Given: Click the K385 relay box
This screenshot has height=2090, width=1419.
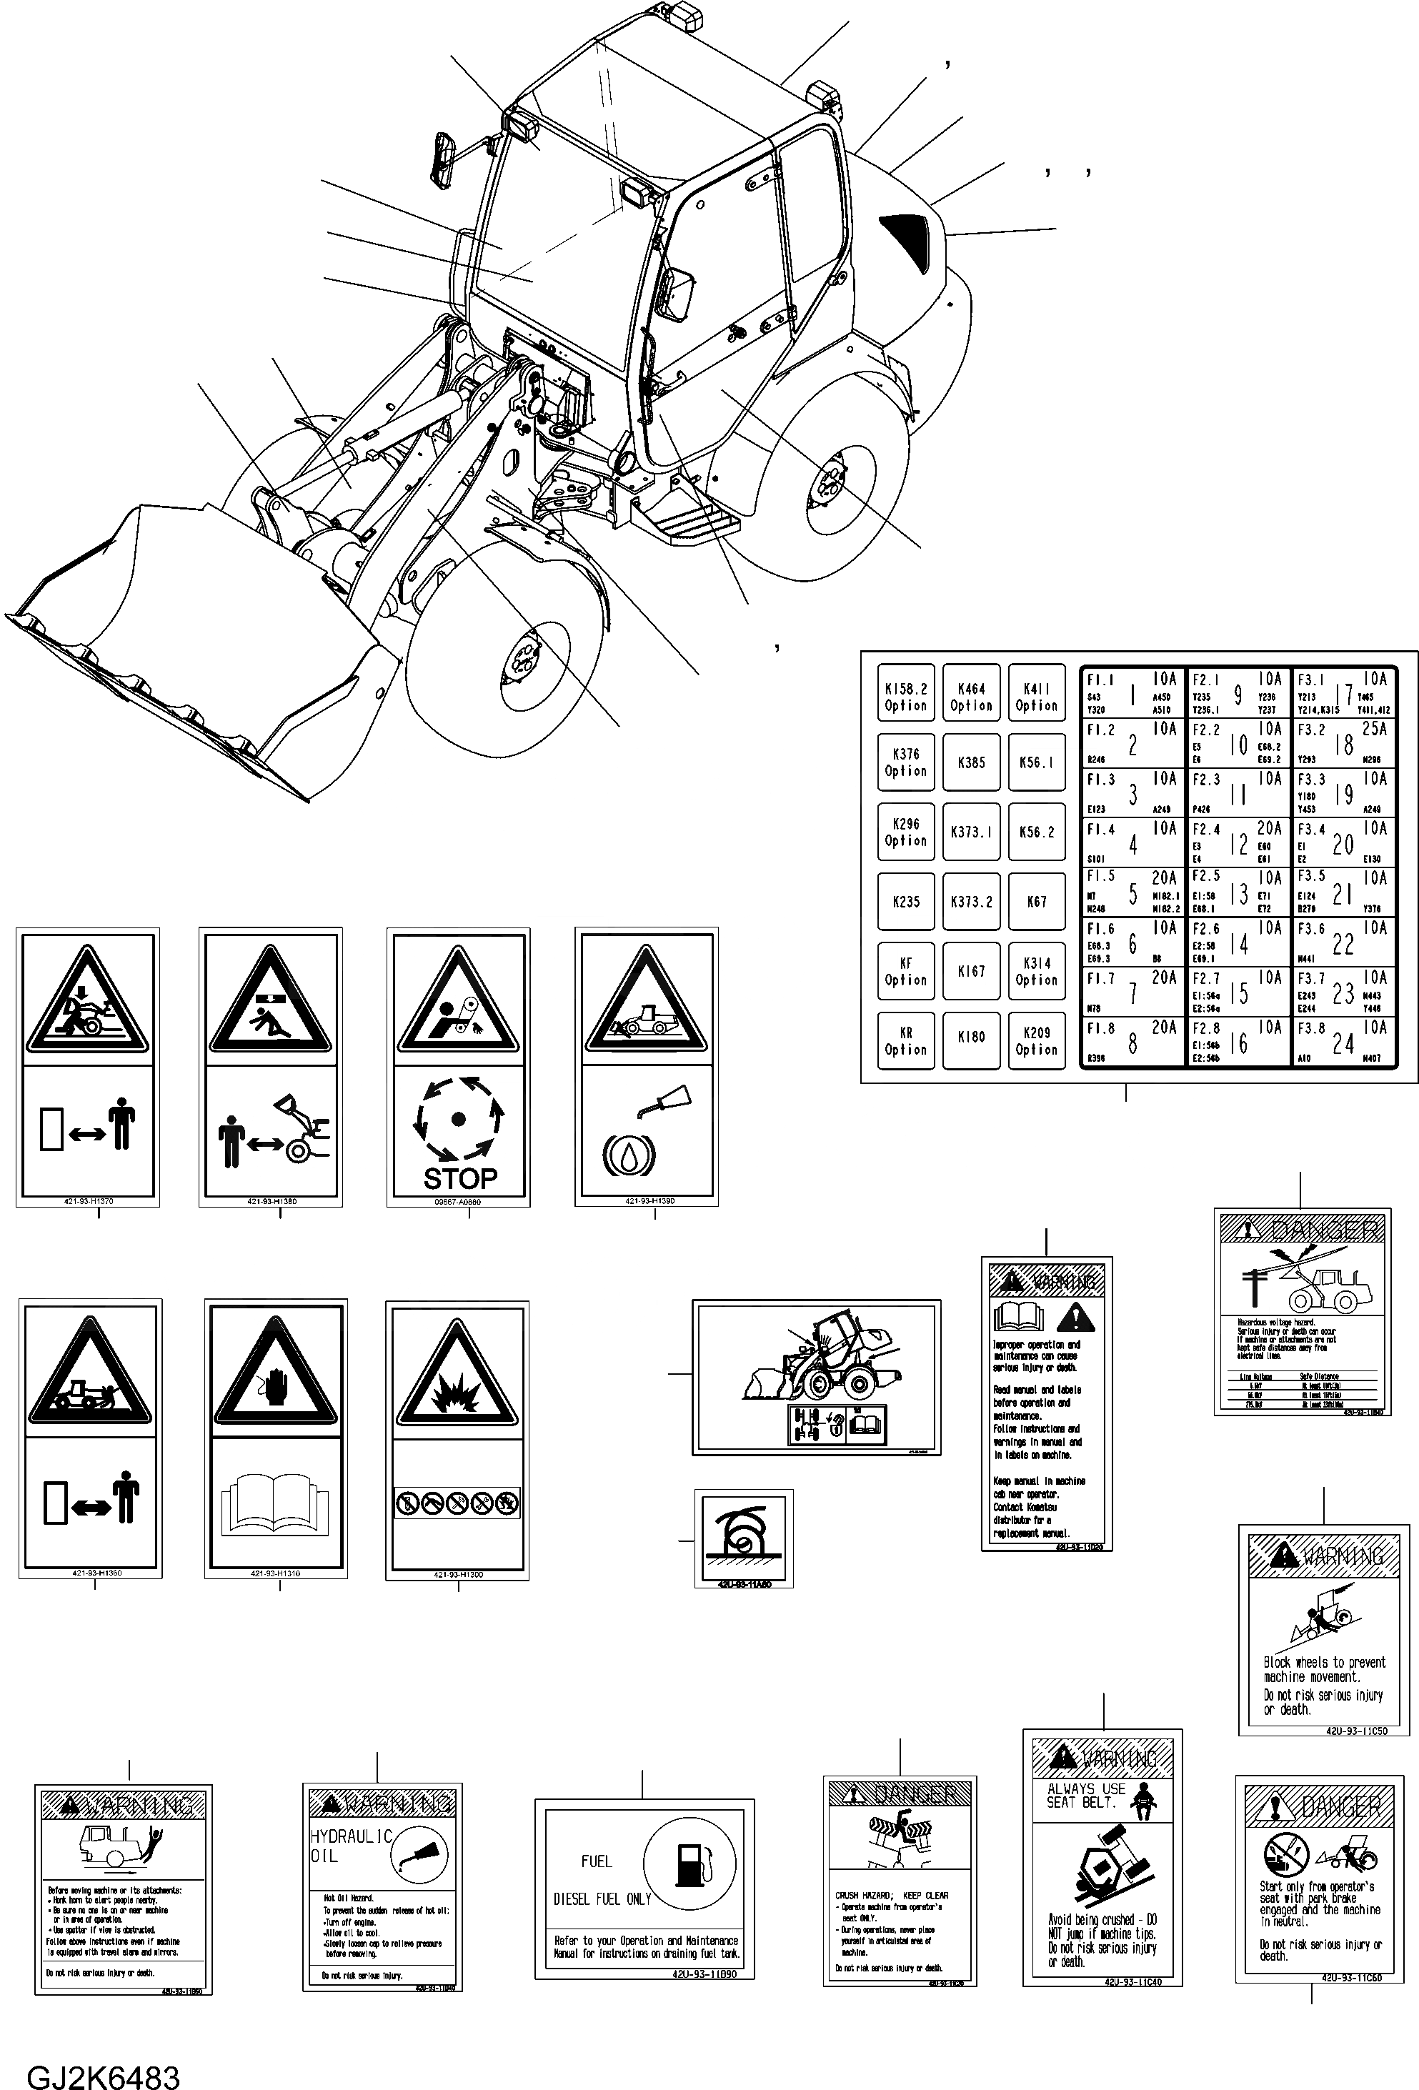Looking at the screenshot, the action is [x=971, y=762].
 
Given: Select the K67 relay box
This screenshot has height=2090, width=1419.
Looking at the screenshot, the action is [x=1036, y=901].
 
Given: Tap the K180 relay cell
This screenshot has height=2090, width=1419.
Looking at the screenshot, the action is [x=971, y=1036].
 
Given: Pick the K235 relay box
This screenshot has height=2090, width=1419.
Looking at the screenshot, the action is [x=905, y=901].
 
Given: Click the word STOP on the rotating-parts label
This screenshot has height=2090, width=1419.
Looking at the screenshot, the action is [x=459, y=1178].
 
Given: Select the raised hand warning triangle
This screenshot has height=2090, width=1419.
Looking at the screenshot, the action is [x=276, y=1380].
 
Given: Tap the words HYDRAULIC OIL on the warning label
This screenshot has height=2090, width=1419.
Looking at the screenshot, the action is [x=351, y=1846].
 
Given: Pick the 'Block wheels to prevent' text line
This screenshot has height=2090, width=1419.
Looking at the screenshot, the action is [x=1324, y=1663].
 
